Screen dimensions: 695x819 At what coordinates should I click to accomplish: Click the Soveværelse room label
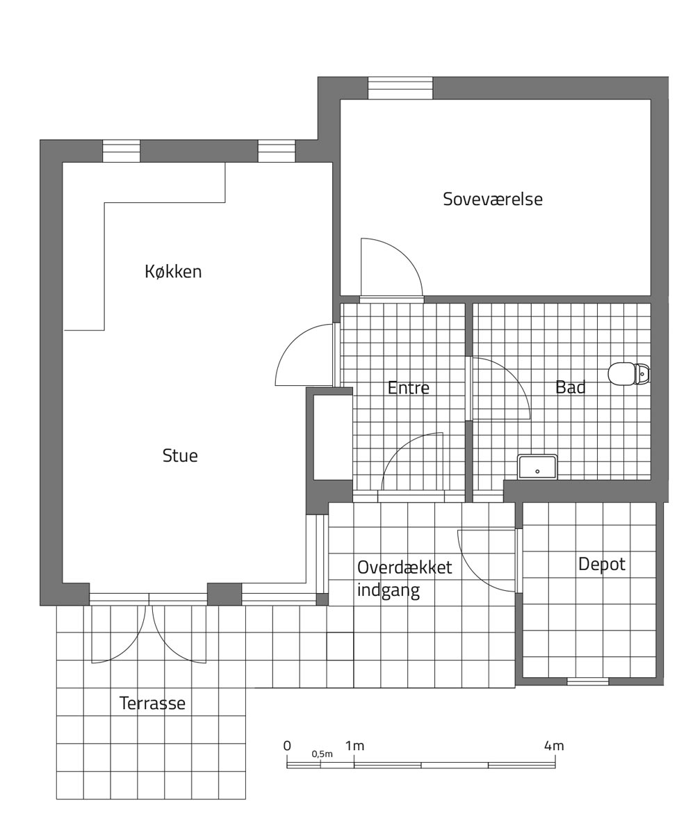pos(492,199)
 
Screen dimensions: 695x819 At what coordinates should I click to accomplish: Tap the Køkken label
pos(173,272)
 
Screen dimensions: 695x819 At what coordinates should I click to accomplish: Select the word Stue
pos(180,455)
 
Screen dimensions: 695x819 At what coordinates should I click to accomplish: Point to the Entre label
pos(409,388)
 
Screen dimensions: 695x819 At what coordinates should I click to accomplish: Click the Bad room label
pos(570,387)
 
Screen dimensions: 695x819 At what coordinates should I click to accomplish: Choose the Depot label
pos(602,565)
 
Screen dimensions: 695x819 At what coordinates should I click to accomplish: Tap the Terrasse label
pos(152,703)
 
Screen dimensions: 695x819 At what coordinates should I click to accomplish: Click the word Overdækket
pos(404,567)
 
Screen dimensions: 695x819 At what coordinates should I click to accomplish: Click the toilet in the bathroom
pos(629,373)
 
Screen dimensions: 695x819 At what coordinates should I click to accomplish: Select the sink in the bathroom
pos(537,467)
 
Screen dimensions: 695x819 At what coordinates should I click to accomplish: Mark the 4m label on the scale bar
pos(554,746)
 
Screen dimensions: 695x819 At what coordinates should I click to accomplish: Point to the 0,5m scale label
pos(322,754)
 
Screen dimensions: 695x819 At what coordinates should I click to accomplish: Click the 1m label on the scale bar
pos(354,746)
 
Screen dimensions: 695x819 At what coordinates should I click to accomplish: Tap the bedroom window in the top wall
pos(400,88)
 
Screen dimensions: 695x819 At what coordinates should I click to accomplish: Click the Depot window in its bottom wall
pos(588,681)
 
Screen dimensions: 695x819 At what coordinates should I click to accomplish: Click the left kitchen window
pos(121,151)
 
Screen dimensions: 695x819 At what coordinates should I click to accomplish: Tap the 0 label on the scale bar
pos(287,746)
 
